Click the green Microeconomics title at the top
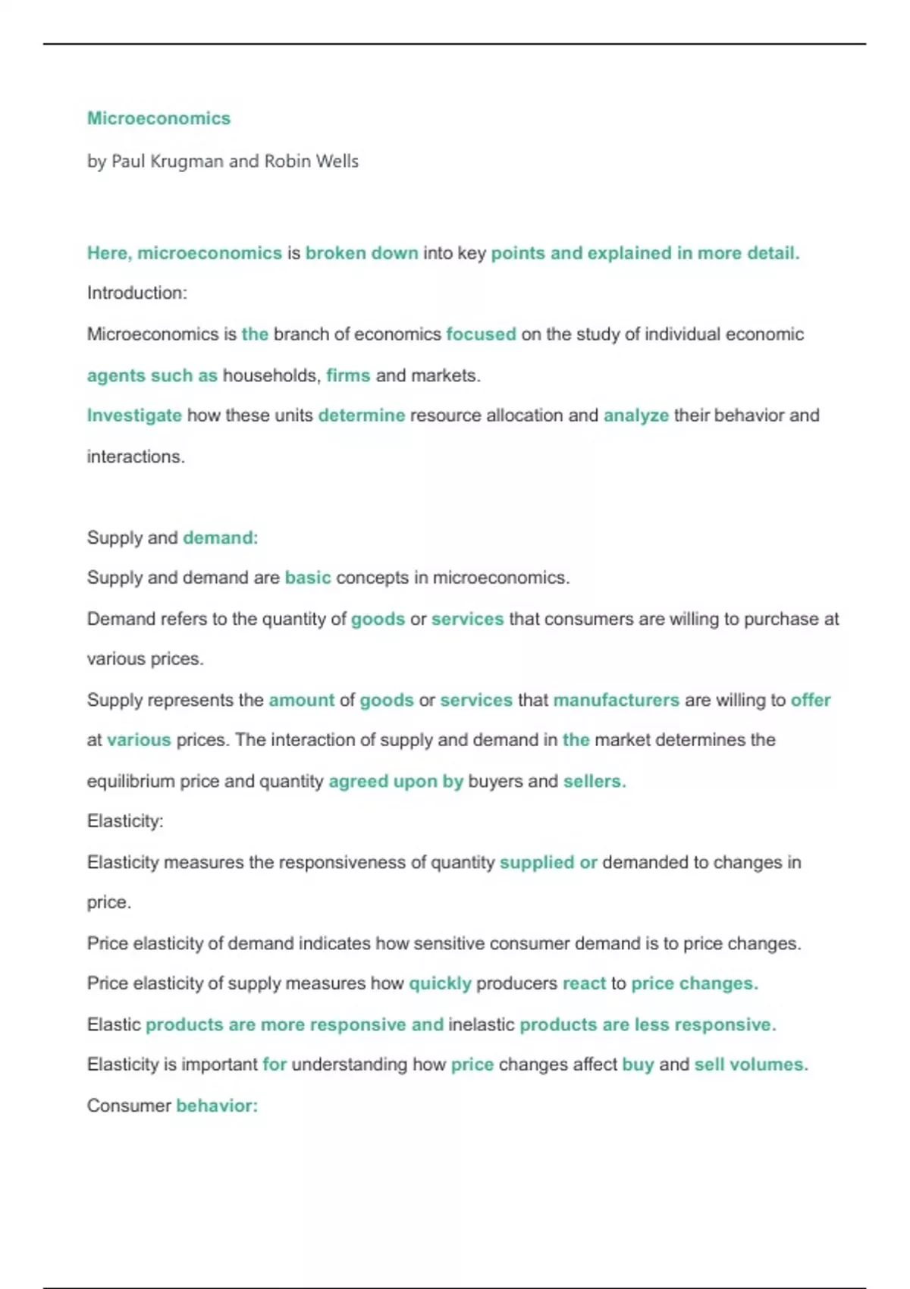coord(158,118)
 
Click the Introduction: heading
coord(136,293)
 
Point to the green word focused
coord(481,334)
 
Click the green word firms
coord(348,375)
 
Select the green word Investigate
coord(134,416)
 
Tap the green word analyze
coord(635,416)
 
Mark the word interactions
coord(136,456)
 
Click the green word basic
coord(308,578)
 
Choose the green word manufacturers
coord(616,700)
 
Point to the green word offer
coord(811,700)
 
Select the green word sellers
coord(594,781)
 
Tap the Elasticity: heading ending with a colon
coord(125,821)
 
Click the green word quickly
coord(440,983)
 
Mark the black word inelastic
coord(482,1024)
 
